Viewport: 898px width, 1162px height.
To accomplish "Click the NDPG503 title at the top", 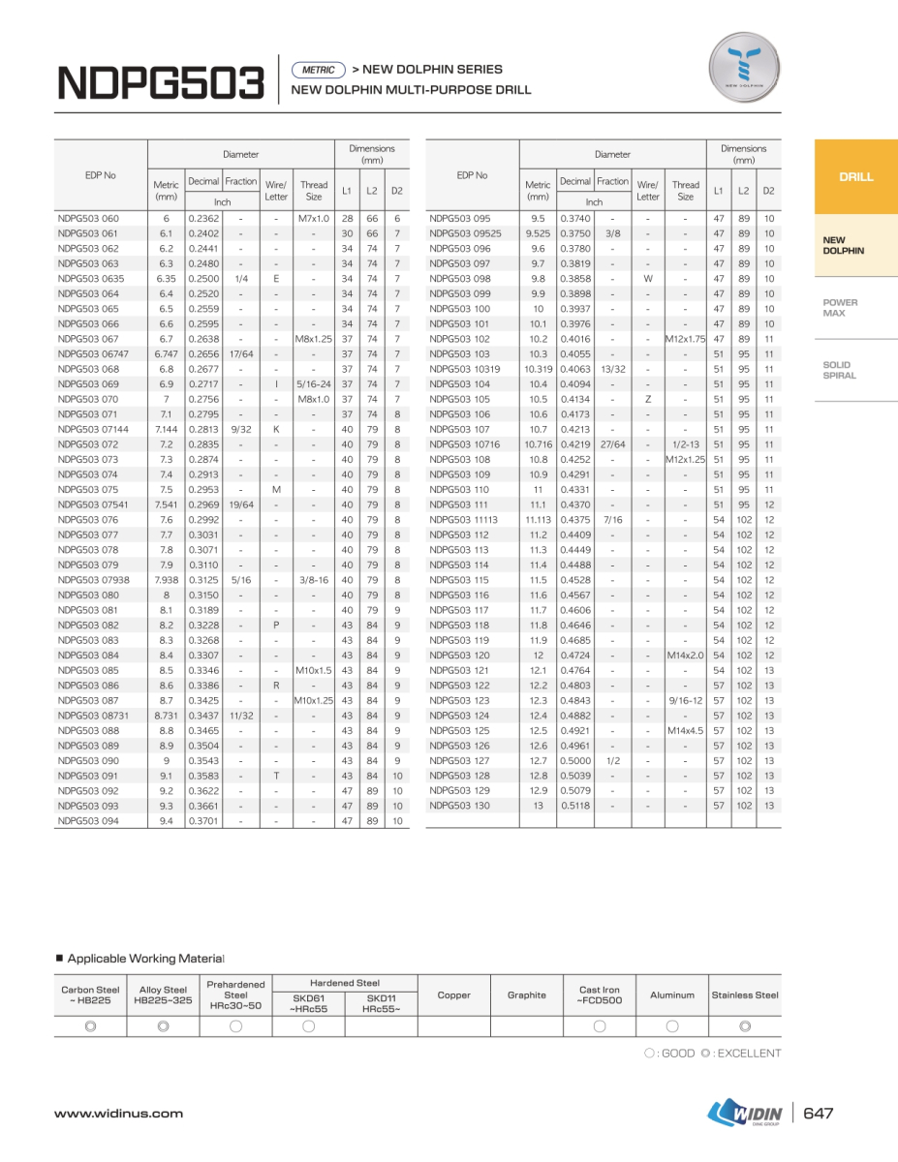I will (x=161, y=83).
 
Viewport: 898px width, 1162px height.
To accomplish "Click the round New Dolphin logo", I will (x=744, y=67).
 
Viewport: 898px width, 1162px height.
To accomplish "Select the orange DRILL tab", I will (x=855, y=177).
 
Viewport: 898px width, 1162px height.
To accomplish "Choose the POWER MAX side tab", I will (x=840, y=308).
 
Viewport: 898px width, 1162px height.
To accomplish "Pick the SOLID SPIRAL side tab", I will (x=839, y=370).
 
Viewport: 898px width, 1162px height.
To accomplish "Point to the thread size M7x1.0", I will (x=314, y=219).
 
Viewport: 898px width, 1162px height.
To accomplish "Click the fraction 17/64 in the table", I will (x=240, y=354).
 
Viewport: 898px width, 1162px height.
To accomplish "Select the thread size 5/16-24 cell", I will (x=314, y=384).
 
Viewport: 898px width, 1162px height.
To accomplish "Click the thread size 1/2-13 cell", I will (x=685, y=444).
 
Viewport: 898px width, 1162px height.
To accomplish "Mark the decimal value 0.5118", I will (x=574, y=807).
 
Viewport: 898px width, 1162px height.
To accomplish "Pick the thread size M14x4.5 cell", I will (x=685, y=731).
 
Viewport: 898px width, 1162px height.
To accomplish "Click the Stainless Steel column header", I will (x=745, y=995).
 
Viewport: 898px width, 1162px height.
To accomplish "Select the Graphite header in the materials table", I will (x=527, y=995).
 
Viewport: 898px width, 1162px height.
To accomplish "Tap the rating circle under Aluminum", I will (x=672, y=1026).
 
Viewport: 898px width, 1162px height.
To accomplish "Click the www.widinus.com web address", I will (x=118, y=1114).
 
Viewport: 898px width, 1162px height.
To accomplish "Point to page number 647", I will (x=819, y=1114).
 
